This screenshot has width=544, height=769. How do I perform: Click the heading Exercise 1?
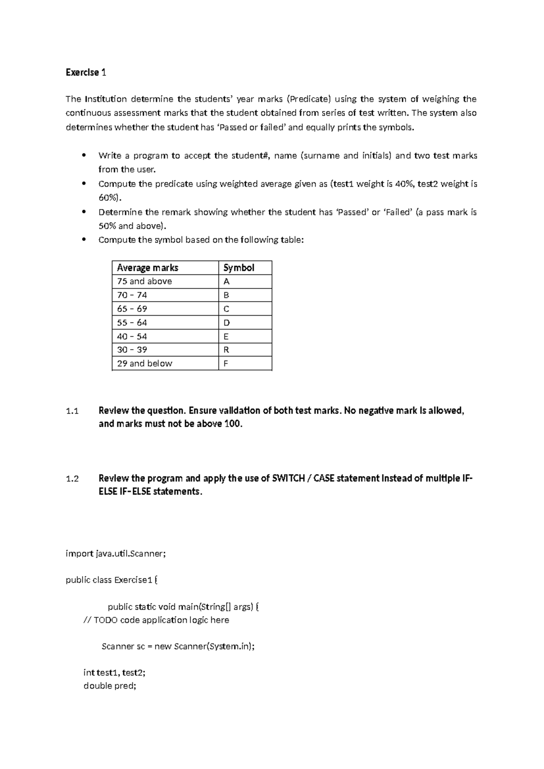pos(86,73)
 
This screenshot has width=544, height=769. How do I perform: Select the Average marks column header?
pos(147,268)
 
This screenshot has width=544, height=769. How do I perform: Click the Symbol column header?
pos(239,268)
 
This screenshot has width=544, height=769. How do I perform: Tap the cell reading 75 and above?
pos(145,281)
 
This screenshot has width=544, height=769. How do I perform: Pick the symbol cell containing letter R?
pos(226,350)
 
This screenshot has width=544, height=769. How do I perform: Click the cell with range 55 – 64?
pos(132,322)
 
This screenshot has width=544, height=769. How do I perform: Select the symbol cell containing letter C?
pos(226,309)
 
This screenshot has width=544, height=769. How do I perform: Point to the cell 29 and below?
pos(145,363)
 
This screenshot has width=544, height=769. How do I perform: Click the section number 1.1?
pos(72,411)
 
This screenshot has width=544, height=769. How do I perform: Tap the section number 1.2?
pos(72,479)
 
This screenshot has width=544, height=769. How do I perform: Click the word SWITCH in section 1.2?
pos(288,478)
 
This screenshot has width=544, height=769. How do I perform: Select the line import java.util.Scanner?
pos(116,554)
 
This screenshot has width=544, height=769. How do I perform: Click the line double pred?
pos(110,686)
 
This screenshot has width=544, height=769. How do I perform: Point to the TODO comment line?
pos(156,620)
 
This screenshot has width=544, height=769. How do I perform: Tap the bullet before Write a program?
pos(83,156)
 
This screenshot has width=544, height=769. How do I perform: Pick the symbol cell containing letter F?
pos(226,363)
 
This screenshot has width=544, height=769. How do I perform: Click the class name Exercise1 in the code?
pos(133,580)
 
